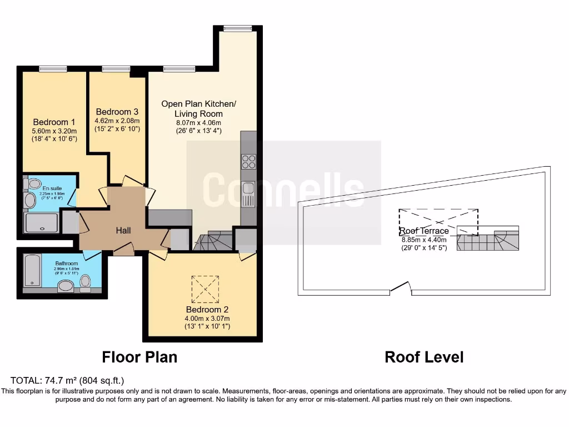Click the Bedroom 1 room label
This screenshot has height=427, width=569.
click(54, 122)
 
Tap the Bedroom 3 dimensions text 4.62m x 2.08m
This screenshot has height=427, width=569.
click(117, 121)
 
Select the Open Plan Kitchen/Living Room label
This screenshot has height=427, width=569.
click(198, 108)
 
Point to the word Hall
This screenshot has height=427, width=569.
click(123, 230)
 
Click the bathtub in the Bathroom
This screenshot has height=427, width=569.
click(33, 271)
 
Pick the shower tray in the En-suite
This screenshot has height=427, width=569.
click(41, 223)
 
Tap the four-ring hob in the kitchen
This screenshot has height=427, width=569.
click(248, 161)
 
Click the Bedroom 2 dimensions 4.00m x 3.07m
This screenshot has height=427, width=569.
click(207, 319)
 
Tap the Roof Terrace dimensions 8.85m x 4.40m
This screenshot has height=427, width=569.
click(424, 240)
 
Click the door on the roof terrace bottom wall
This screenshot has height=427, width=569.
click(400, 289)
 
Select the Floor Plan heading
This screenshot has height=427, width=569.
click(139, 357)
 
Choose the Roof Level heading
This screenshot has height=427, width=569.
click(424, 357)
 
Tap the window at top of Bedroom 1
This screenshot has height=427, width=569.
click(53, 69)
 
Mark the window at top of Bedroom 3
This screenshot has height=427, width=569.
click(116, 69)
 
